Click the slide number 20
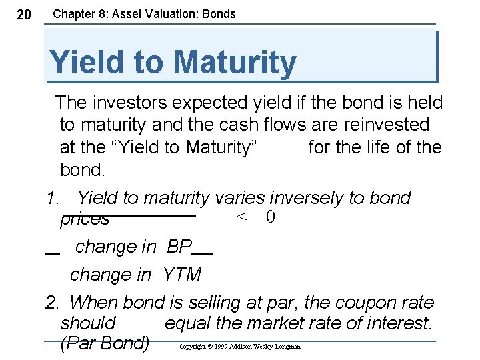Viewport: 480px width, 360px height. (23, 15)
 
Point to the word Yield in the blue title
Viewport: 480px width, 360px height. (85, 62)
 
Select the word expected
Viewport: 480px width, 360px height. (216, 102)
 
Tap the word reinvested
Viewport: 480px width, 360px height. (387, 124)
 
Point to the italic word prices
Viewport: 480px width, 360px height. (85, 219)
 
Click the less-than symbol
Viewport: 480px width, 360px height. (243, 217)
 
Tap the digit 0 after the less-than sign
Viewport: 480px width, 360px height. (270, 217)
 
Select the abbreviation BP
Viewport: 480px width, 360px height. (179, 247)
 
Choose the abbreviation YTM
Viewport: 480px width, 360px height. (181, 275)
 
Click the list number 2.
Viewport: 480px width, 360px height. (51, 303)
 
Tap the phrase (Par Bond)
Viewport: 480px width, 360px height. (105, 344)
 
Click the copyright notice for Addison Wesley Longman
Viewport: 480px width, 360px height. (240, 347)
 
